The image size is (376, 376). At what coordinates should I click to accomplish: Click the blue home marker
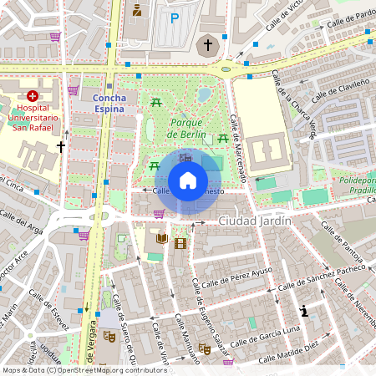(188, 180)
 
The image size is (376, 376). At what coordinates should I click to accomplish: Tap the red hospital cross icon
(33, 97)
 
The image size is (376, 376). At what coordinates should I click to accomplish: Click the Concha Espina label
(109, 104)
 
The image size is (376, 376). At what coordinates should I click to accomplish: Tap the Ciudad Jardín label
(254, 221)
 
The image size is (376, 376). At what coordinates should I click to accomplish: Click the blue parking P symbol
(175, 18)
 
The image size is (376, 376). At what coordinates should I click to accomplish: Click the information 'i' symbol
(304, 312)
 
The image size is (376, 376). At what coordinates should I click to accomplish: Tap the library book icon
(160, 240)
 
